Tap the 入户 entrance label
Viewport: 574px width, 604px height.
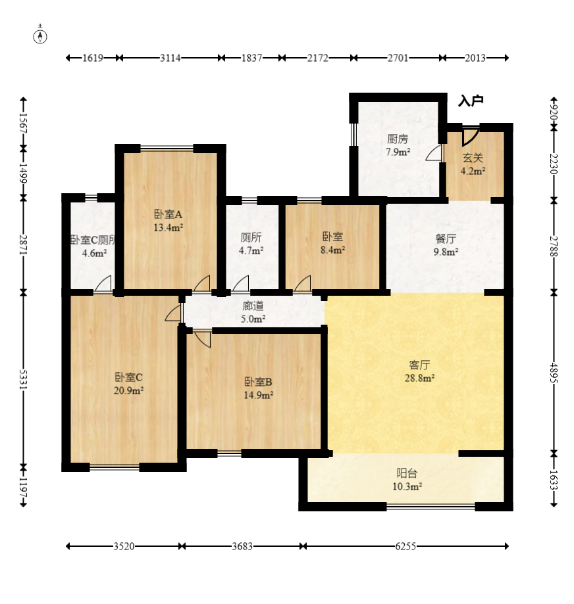[x=471, y=101]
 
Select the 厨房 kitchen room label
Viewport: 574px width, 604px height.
[x=398, y=139]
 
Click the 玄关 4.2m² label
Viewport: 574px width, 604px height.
[x=473, y=164]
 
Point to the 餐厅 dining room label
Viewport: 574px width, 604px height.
[x=446, y=239]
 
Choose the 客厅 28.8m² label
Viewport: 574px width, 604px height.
[x=419, y=371]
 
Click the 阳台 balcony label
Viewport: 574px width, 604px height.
[x=407, y=473]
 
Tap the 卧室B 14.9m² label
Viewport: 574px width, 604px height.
[x=259, y=388]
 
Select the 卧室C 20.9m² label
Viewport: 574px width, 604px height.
[x=128, y=384]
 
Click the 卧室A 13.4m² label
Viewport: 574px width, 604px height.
[x=169, y=220]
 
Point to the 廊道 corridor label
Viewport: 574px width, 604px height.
[x=253, y=306]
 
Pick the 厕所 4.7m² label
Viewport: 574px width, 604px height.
[x=251, y=244]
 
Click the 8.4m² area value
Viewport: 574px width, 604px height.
[x=332, y=250]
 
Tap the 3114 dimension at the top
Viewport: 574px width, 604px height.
[x=170, y=58]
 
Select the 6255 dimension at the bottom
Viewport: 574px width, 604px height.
[x=405, y=546]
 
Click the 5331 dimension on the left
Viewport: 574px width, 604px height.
[x=24, y=379]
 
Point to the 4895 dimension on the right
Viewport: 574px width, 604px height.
[x=554, y=373]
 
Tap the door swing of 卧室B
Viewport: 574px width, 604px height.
[x=203, y=338]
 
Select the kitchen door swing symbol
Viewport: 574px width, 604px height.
[x=434, y=153]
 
